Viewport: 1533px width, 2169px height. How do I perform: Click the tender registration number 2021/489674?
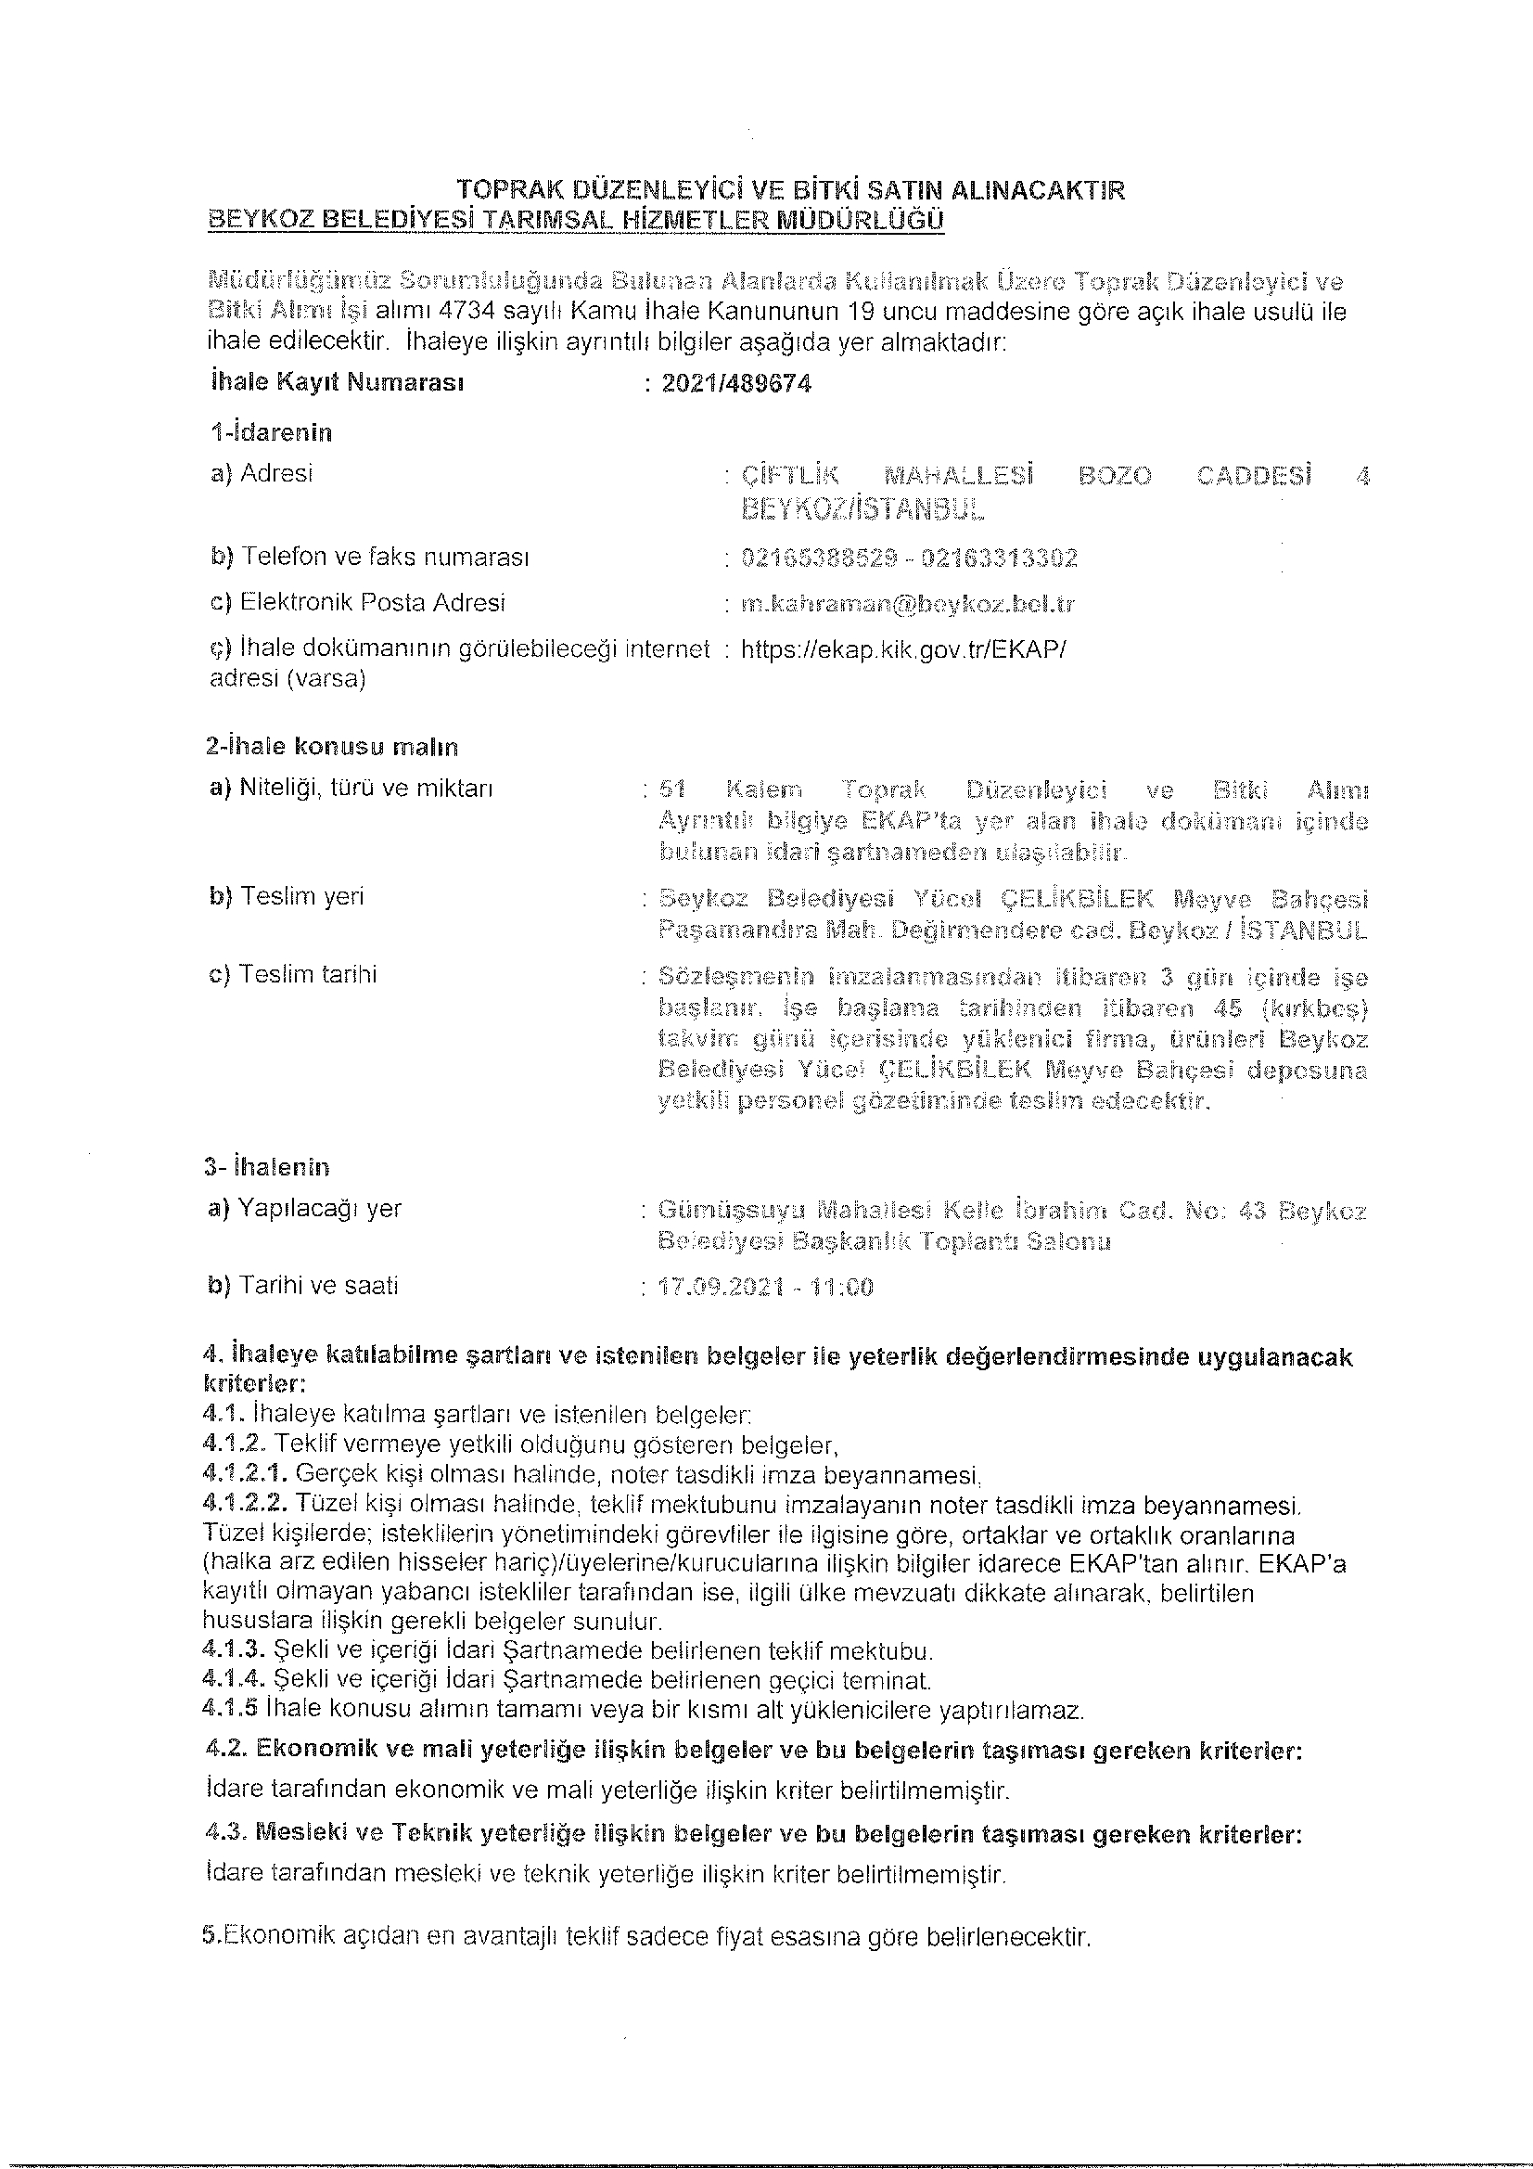(x=735, y=383)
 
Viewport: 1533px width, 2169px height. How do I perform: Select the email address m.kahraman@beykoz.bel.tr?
(x=908, y=604)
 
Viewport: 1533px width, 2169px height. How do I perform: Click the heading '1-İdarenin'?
(x=271, y=432)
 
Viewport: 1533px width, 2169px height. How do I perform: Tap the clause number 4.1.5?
(x=231, y=1709)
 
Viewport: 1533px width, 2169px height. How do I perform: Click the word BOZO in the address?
(x=1115, y=476)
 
